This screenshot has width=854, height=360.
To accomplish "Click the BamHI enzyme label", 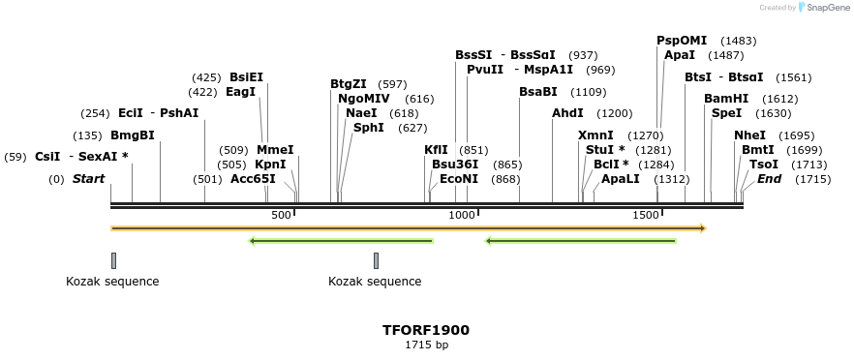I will pos(725,99).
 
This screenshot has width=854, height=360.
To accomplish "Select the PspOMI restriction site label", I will pos(682,41).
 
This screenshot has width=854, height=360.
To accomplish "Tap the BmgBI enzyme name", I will pos(133,135).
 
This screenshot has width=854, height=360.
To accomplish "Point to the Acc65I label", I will pos(253,179).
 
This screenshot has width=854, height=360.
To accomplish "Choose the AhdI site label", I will pos(567,113).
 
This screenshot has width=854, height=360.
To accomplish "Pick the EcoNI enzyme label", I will pos(459,179).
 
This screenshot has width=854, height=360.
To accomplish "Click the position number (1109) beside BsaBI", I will pos(589,92).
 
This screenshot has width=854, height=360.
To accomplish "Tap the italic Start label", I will pos(88,179).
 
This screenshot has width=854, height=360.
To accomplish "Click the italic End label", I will pos(769,179).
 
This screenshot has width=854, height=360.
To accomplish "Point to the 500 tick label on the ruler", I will pos(281,215).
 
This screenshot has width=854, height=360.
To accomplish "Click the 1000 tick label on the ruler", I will pos(462,215).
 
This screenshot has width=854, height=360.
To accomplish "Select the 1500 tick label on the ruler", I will pos(646,215).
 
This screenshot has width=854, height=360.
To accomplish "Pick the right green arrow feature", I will pos(580,241).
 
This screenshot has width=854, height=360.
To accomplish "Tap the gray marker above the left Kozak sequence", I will pos(113,260).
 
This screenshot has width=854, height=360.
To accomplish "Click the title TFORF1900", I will pos(426,330).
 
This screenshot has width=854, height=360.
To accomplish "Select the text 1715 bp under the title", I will pos(426,345).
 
